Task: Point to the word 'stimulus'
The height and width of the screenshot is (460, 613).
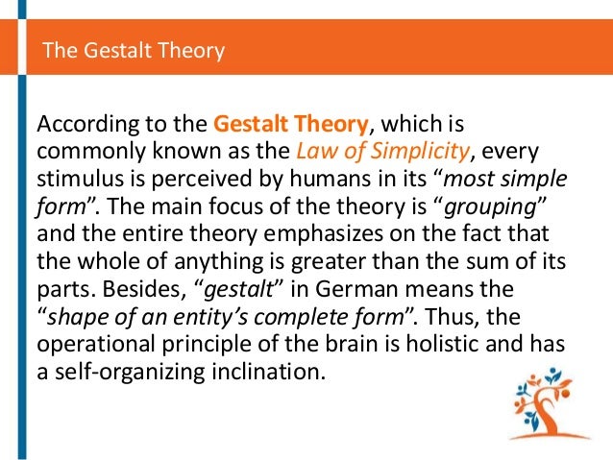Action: coord(73,179)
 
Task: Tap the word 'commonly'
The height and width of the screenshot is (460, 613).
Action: coord(85,152)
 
